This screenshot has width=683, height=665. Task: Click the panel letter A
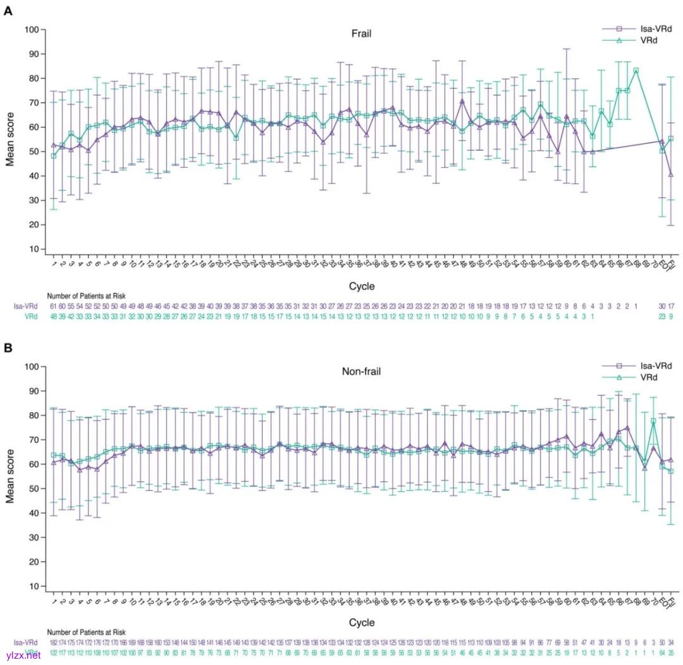8,11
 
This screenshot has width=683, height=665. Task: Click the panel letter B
8,347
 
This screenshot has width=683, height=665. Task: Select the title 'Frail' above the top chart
361,34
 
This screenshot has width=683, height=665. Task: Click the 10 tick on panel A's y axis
34,249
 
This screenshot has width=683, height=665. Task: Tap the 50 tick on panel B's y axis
34,488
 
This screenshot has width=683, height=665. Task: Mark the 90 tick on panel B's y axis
34,391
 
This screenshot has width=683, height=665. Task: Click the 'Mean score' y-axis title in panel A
10,139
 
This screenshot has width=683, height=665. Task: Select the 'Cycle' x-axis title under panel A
361,287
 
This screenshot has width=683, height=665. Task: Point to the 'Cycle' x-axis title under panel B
361,623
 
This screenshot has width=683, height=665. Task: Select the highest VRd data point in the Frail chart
636,71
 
